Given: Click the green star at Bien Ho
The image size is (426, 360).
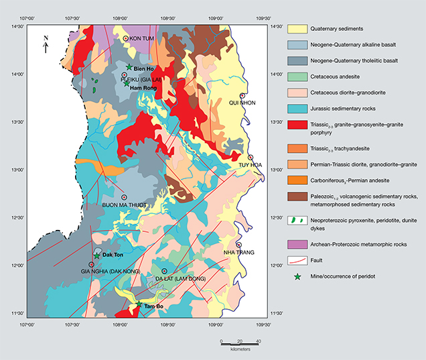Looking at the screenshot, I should tap(129, 67).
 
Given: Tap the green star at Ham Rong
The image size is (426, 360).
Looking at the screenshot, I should tap(126, 83).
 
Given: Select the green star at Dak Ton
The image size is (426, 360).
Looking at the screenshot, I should tap(97, 256).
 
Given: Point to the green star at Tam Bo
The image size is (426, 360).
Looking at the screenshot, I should tap(139, 304).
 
